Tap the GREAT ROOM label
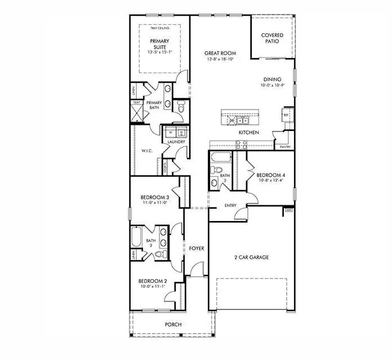click(220, 54)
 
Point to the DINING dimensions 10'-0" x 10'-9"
click(273, 86)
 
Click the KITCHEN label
click(248, 132)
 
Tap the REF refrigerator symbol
click(286, 114)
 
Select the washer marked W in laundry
click(171, 133)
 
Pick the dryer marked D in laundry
click(181, 133)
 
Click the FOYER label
click(196, 248)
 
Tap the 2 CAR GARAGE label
click(251, 257)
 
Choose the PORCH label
click(172, 325)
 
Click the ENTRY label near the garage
click(230, 205)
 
